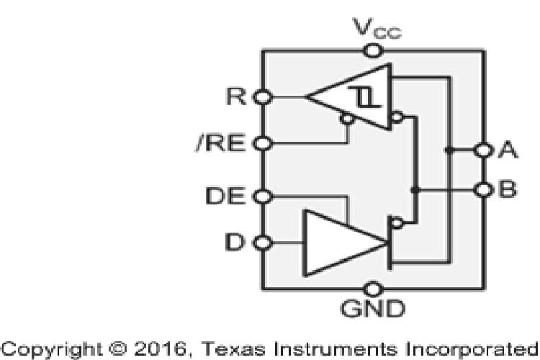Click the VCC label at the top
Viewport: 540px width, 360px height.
pyautogui.click(x=372, y=31)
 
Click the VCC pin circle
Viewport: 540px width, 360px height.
pyautogui.click(x=372, y=50)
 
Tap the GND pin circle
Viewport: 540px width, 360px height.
pyautogui.click(x=372, y=289)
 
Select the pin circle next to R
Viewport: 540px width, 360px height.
pyautogui.click(x=264, y=96)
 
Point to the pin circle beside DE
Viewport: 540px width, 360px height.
pyautogui.click(x=264, y=195)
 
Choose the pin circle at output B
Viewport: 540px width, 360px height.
pyautogui.click(x=482, y=190)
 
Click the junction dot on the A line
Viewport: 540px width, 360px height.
pyautogui.click(x=448, y=150)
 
